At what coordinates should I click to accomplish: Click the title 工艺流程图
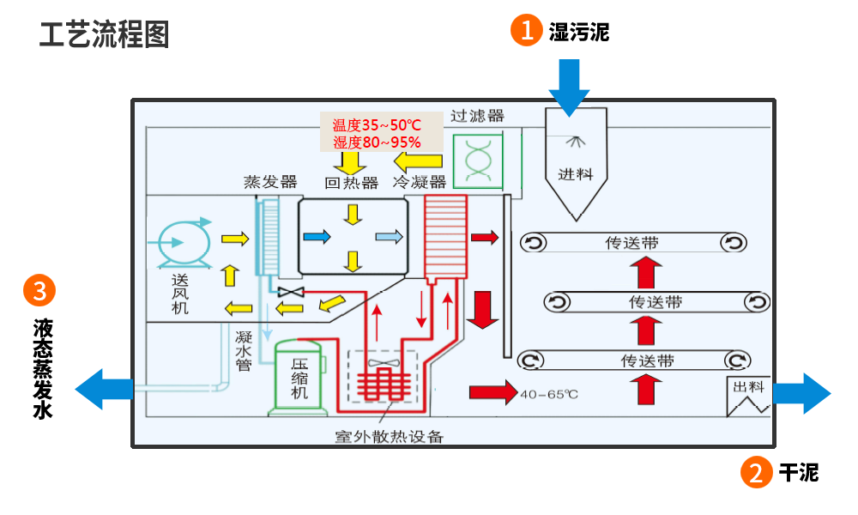point(104,33)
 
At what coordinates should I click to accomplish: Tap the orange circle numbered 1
point(525,31)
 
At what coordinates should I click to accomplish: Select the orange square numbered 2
point(756,473)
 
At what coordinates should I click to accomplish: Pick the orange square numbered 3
point(39,291)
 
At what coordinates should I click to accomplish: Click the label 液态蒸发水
point(42,368)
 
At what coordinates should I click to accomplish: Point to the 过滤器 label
point(477,116)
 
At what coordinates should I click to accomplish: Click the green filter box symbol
point(477,160)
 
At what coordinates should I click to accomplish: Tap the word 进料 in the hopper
point(576,174)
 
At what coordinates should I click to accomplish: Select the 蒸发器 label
point(269,182)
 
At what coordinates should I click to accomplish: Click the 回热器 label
point(352,182)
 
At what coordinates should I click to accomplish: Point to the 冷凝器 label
point(420,182)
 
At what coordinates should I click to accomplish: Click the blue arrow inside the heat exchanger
point(316,236)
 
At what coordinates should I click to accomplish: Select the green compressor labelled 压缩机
point(298,378)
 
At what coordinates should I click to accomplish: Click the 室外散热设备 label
point(389,436)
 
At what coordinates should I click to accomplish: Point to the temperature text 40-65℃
point(549,394)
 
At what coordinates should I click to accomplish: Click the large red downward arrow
point(482,310)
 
